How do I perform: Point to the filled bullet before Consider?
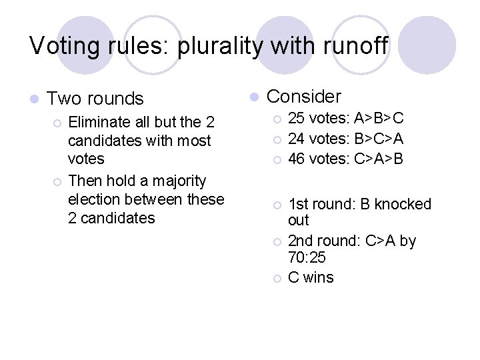point(253,97)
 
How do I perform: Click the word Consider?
point(303,97)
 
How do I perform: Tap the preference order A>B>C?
point(379,119)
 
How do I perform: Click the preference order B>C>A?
point(379,139)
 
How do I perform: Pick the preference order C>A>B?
point(379,159)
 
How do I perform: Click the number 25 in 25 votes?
point(297,119)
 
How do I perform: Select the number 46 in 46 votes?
point(297,159)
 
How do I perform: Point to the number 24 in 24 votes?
point(297,139)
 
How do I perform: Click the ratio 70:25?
point(305,257)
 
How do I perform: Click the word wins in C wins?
point(318,277)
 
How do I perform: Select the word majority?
point(175,181)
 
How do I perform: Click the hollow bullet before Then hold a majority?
point(57,181)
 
